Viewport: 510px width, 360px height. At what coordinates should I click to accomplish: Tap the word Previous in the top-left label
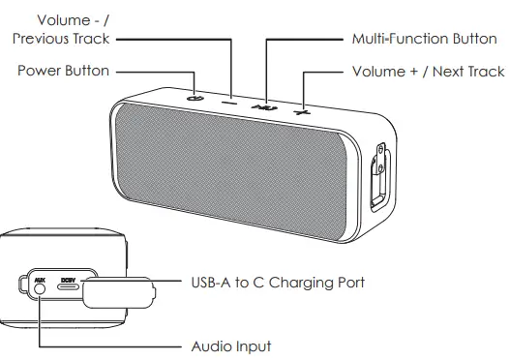46,39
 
